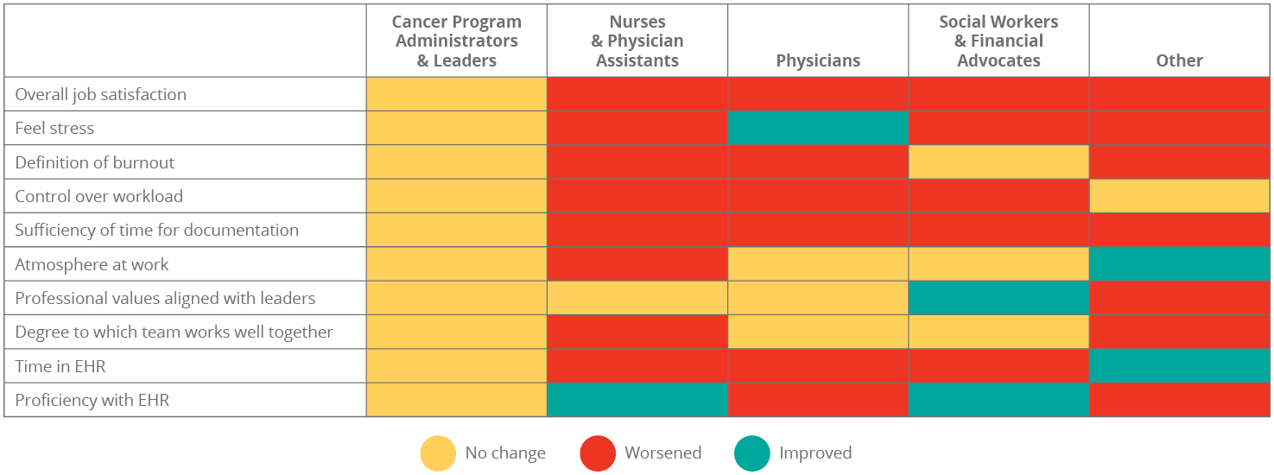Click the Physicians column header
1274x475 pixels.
coord(817,60)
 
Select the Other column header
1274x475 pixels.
coord(1179,60)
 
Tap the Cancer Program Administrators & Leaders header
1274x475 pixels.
coord(456,41)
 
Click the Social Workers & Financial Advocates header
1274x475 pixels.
coord(998,41)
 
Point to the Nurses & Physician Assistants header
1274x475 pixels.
coord(637,41)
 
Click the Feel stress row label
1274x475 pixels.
coord(54,129)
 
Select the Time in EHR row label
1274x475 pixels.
coord(60,366)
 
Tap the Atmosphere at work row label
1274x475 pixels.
coord(92,265)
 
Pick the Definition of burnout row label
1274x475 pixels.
coord(95,162)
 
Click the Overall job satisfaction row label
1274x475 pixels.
coord(100,95)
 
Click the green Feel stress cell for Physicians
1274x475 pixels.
coord(817,128)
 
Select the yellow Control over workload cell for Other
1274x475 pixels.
coord(1179,196)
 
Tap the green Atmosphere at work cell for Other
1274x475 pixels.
coord(1179,264)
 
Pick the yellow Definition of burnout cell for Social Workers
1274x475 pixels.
coord(998,162)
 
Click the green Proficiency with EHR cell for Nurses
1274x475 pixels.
coord(637,400)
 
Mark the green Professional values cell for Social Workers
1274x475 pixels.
coord(998,298)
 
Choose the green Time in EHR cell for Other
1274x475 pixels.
coord(1179,366)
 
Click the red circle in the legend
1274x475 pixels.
coord(598,453)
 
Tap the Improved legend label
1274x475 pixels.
coord(815,453)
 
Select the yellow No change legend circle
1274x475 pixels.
coord(438,453)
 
